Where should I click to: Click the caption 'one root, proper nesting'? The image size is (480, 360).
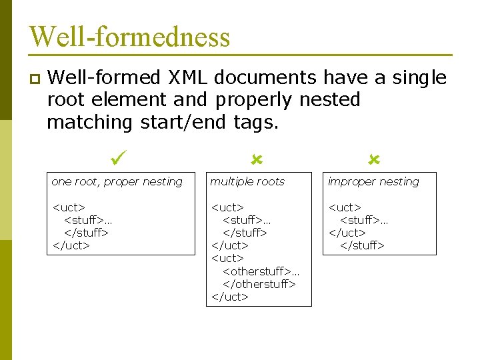click(x=117, y=181)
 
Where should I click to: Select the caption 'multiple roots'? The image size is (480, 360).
click(x=247, y=181)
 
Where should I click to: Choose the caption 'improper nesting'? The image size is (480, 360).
click(x=373, y=181)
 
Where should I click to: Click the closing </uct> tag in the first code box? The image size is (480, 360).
click(x=71, y=245)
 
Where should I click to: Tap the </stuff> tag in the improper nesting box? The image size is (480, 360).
click(x=362, y=245)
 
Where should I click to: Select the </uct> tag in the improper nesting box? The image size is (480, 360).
click(x=347, y=233)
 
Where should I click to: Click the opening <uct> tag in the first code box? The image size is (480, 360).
click(x=69, y=207)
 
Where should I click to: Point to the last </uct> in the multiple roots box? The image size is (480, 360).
click(x=229, y=297)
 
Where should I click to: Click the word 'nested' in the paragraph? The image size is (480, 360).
click(x=330, y=100)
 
